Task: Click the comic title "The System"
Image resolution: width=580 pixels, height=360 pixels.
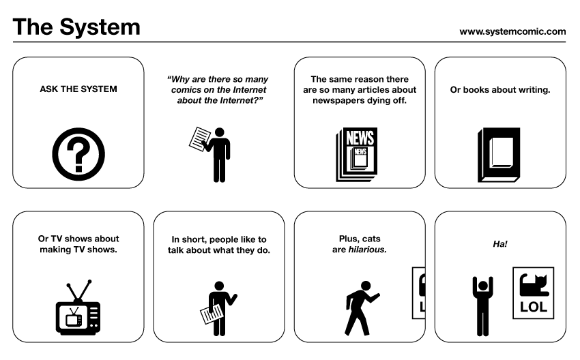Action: pos(76,27)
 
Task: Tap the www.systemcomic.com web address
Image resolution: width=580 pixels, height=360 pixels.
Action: pos(512,31)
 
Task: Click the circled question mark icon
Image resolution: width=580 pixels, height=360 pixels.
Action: pos(78,152)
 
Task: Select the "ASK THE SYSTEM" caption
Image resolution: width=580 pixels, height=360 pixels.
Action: pos(78,89)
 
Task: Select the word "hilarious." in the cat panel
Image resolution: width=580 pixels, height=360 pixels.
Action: pos(368,250)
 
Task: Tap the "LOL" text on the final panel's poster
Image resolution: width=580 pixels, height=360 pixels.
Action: pos(534,306)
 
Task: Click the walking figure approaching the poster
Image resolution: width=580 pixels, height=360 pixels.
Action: pos(360,307)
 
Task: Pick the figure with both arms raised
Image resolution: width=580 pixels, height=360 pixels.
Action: pos(481,304)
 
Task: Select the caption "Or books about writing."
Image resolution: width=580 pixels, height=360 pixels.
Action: pos(500,89)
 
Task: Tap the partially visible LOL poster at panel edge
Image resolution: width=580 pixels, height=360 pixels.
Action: pos(418,293)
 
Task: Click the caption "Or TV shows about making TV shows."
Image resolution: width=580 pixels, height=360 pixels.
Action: pos(78,244)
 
